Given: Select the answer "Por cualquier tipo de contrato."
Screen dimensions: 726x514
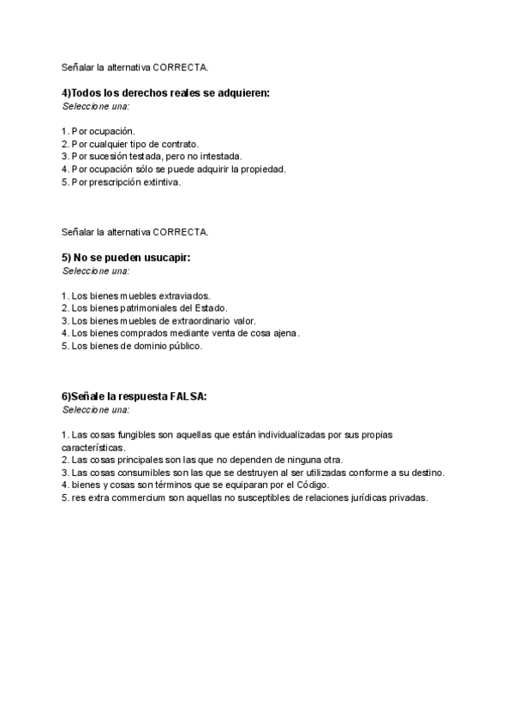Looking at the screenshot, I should coord(130,144).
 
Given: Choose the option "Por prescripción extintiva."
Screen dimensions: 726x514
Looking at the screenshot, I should coord(122,181).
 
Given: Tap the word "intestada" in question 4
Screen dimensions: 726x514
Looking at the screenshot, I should coord(222,157).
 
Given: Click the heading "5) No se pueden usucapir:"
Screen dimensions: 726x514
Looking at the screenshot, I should coord(126,258).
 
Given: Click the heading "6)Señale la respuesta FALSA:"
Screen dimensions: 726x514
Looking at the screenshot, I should coord(134,396).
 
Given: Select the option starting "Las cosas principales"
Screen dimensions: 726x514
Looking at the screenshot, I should coord(202,460).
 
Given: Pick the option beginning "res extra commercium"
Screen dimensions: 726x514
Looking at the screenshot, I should coord(244,497).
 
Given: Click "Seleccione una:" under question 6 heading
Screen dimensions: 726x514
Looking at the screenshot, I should coord(96,410).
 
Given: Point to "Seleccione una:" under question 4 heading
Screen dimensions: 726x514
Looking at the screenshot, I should coord(96,106).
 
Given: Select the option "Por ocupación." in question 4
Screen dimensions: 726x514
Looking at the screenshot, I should coord(99,132).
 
